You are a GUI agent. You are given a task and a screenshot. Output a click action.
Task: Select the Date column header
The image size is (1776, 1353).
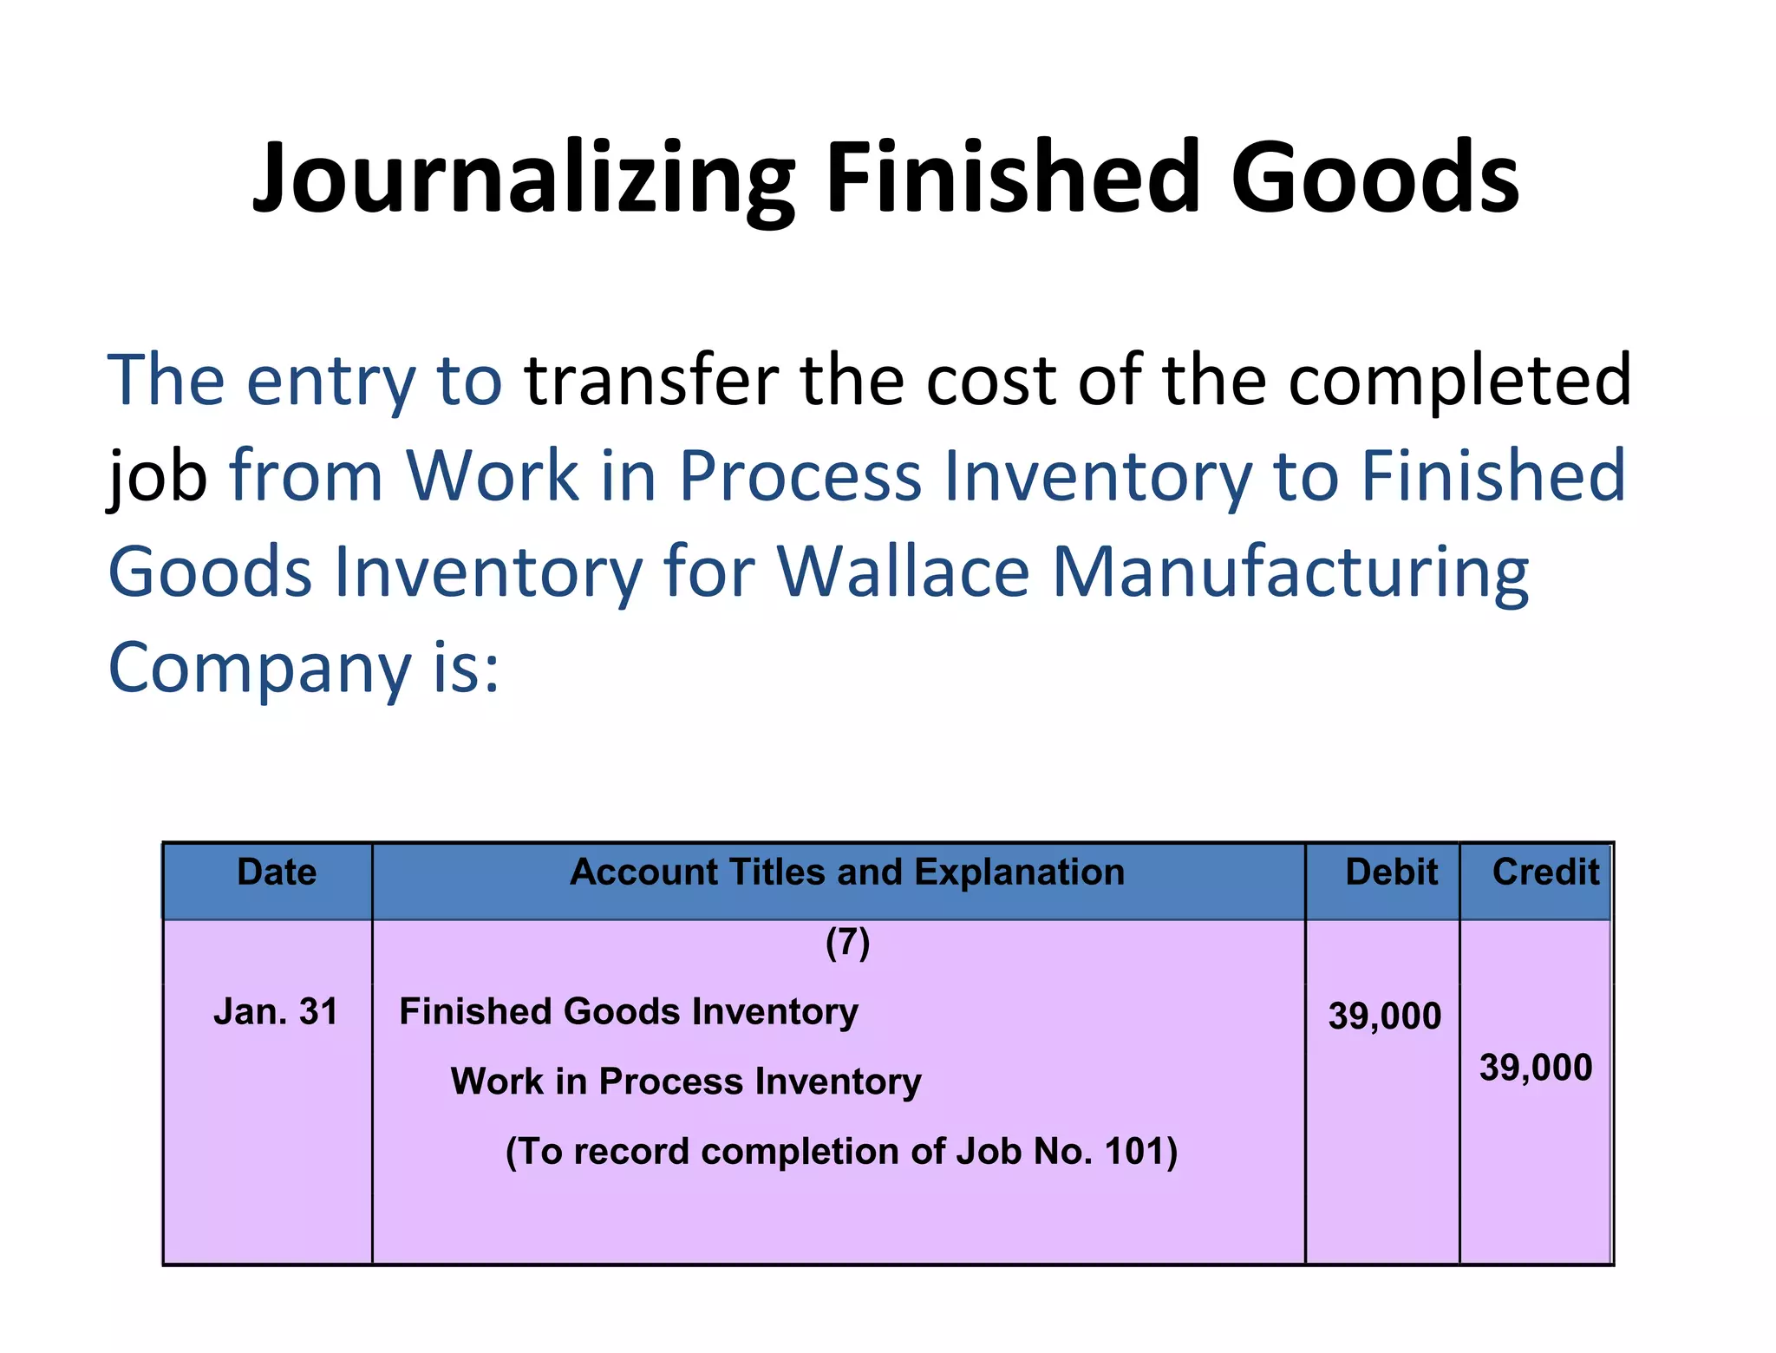tap(277, 873)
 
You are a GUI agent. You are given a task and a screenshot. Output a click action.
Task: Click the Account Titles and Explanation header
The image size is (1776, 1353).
tap(846, 873)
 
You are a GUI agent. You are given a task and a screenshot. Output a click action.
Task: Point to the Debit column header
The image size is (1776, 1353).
tap(1391, 873)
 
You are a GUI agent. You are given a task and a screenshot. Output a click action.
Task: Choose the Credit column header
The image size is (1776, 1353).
tap(1545, 873)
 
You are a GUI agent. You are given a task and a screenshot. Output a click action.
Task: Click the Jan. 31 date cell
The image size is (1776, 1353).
tap(276, 1012)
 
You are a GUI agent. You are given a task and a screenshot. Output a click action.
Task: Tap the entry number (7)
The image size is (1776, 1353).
tap(847, 943)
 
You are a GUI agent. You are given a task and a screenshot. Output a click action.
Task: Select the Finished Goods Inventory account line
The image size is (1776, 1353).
tap(629, 1012)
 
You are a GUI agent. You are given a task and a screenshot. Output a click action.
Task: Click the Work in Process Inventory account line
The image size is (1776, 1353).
tap(686, 1082)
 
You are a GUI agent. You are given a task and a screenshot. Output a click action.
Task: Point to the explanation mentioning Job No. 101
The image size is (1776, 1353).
tap(841, 1152)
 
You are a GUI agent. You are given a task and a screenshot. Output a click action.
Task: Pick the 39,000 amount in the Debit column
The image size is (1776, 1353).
tap(1384, 1016)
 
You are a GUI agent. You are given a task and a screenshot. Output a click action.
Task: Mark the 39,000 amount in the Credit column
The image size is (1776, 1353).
tap(1536, 1068)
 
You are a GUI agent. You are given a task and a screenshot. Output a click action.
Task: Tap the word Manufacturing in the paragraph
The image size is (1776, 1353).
tap(1290, 573)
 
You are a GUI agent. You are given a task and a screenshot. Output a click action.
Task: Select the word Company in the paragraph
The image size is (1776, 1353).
tap(259, 669)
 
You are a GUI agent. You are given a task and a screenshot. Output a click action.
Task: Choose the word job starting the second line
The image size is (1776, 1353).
tap(157, 477)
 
